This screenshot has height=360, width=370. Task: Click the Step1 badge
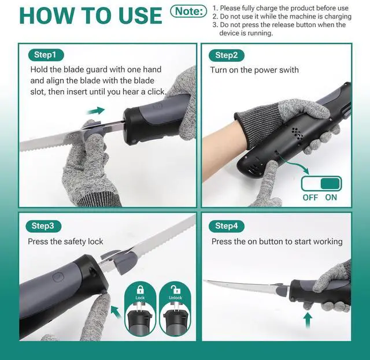(46, 55)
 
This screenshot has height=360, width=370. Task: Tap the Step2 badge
(226, 55)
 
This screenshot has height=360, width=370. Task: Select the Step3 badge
(43, 226)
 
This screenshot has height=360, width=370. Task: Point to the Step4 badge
(226, 226)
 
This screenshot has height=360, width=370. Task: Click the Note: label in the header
(188, 12)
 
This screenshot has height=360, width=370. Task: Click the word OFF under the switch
(310, 198)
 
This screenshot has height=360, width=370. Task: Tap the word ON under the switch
(331, 198)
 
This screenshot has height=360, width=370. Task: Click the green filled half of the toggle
(330, 184)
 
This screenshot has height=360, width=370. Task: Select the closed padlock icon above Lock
(140, 290)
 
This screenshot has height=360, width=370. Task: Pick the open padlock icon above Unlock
(175, 290)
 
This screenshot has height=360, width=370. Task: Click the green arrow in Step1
(96, 110)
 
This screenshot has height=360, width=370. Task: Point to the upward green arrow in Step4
(307, 320)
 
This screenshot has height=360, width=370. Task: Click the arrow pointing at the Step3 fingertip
(117, 311)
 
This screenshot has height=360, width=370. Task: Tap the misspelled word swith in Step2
(288, 70)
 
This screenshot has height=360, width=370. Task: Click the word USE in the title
(140, 16)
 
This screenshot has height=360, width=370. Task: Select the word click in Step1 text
(156, 92)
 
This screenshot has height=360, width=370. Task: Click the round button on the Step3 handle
(57, 277)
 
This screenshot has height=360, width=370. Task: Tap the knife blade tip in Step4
(204, 280)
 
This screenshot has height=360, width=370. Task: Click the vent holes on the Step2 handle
(297, 133)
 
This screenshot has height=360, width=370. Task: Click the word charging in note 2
(338, 17)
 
